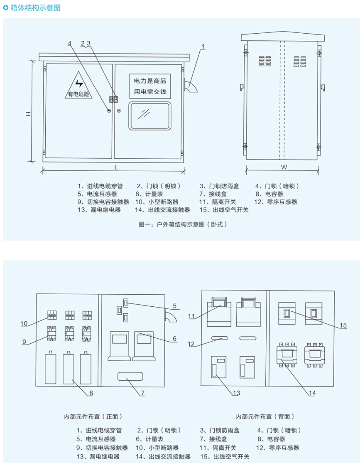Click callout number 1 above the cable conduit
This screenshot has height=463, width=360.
click(x=203, y=46)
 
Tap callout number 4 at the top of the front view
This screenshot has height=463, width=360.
click(x=70, y=43)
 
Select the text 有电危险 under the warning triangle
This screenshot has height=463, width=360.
click(x=78, y=94)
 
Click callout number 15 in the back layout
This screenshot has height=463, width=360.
click(x=343, y=325)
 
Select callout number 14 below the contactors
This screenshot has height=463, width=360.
click(x=312, y=392)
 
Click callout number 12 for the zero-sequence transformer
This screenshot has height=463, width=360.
click(x=191, y=344)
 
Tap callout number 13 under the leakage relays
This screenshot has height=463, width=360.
click(x=237, y=392)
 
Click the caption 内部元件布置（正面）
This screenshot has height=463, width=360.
click(x=93, y=416)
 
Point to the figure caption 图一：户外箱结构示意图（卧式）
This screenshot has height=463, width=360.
click(x=183, y=224)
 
